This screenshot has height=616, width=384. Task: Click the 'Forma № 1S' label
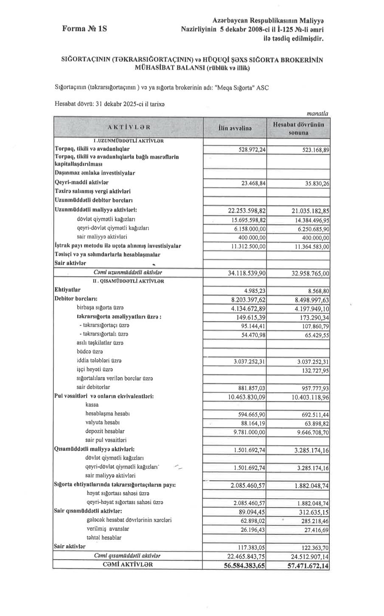coord(84,29)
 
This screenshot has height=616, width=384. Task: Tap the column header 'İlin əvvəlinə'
coord(235,128)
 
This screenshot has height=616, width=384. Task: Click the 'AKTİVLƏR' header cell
coord(129,127)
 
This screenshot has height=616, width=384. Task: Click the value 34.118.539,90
coord(247,274)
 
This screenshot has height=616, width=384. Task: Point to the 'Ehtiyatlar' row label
coord(67,290)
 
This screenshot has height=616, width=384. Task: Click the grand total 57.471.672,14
coord(302,566)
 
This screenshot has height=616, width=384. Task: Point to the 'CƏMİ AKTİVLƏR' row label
coord(129,565)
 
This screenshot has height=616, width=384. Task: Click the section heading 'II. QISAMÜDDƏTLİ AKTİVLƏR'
coord(128,281)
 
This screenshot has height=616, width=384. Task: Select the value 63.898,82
coord(314,423)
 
